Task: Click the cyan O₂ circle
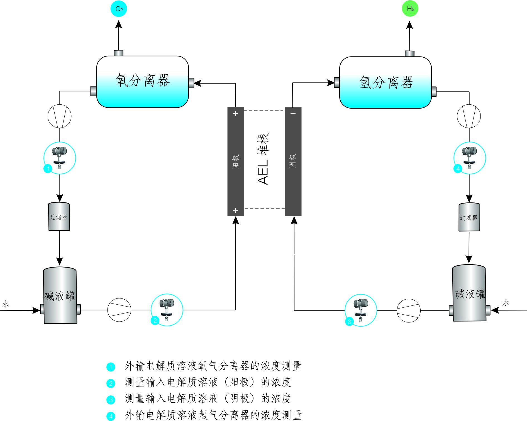(119, 9)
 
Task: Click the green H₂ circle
(410, 9)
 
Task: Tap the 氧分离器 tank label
(143, 81)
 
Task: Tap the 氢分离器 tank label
(386, 82)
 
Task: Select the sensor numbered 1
(60, 158)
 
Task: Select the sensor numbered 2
(167, 310)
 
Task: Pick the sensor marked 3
(361, 310)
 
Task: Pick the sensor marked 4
(470, 158)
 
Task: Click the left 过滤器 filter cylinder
(59, 217)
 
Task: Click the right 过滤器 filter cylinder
(469, 217)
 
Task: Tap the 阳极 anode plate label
(235, 162)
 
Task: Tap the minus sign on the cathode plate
(293, 113)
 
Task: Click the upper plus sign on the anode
(236, 114)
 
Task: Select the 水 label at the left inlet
(6, 304)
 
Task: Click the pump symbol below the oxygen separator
(60, 116)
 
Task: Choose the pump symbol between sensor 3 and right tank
(409, 310)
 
